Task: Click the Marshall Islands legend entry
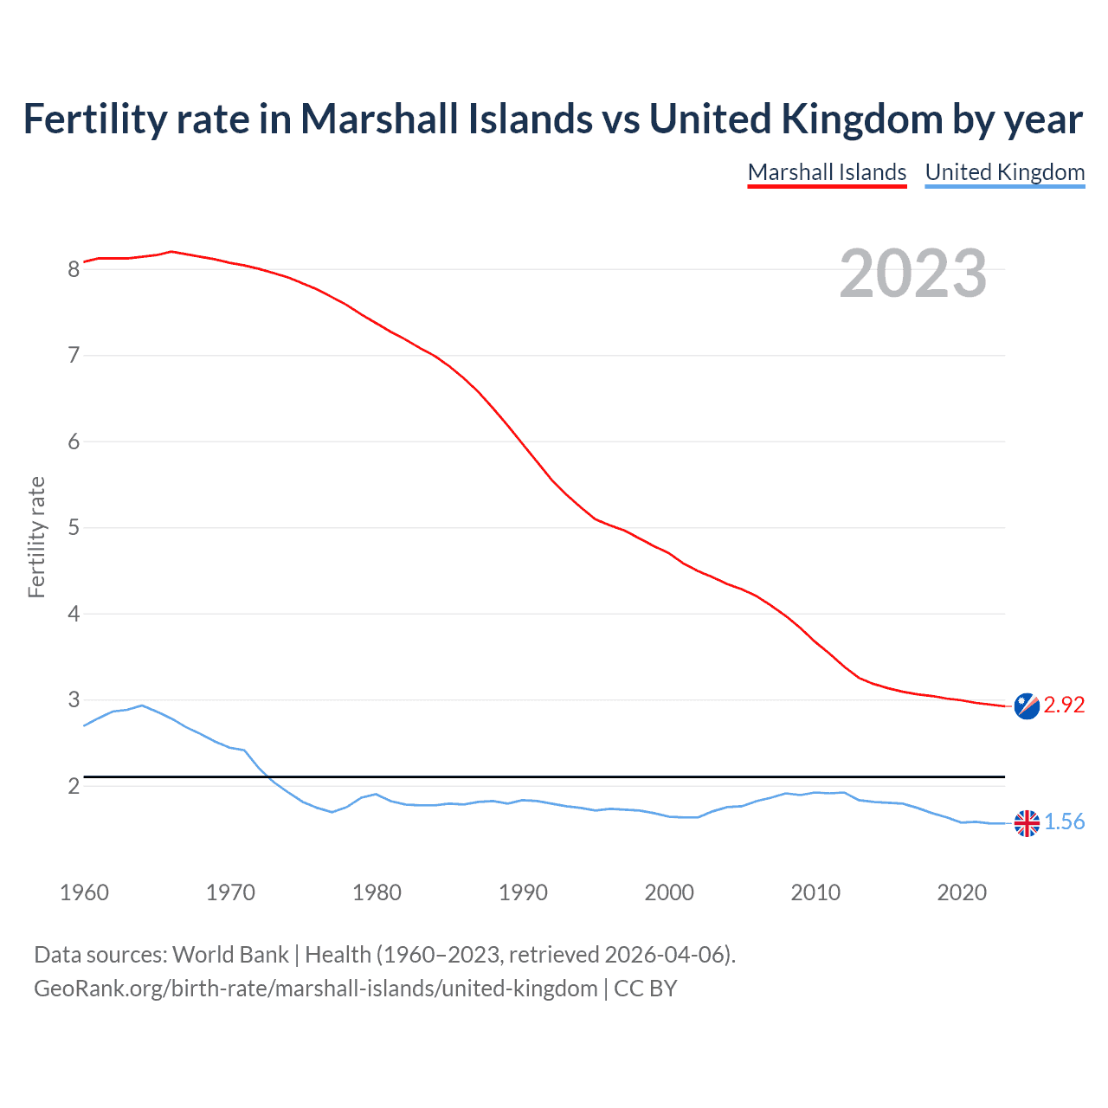(x=827, y=172)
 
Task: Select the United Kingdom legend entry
(x=1004, y=172)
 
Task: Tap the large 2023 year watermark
(x=912, y=274)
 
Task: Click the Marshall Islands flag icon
(x=1027, y=705)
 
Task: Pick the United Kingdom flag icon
(x=1027, y=823)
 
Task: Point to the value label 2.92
(x=1064, y=705)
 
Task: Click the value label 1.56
(x=1064, y=822)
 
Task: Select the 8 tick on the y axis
(x=74, y=269)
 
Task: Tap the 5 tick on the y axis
(x=74, y=527)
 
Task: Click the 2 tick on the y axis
(x=74, y=786)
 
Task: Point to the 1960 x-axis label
(x=84, y=892)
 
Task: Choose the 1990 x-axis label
(x=523, y=892)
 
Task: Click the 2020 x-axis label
(x=962, y=892)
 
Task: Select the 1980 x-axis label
(x=377, y=892)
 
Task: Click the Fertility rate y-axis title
(x=36, y=537)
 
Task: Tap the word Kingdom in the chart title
(x=861, y=119)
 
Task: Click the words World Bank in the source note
(x=230, y=955)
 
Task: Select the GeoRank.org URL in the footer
(x=315, y=989)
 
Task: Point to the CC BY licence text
(x=645, y=989)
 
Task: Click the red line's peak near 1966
(x=171, y=251)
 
